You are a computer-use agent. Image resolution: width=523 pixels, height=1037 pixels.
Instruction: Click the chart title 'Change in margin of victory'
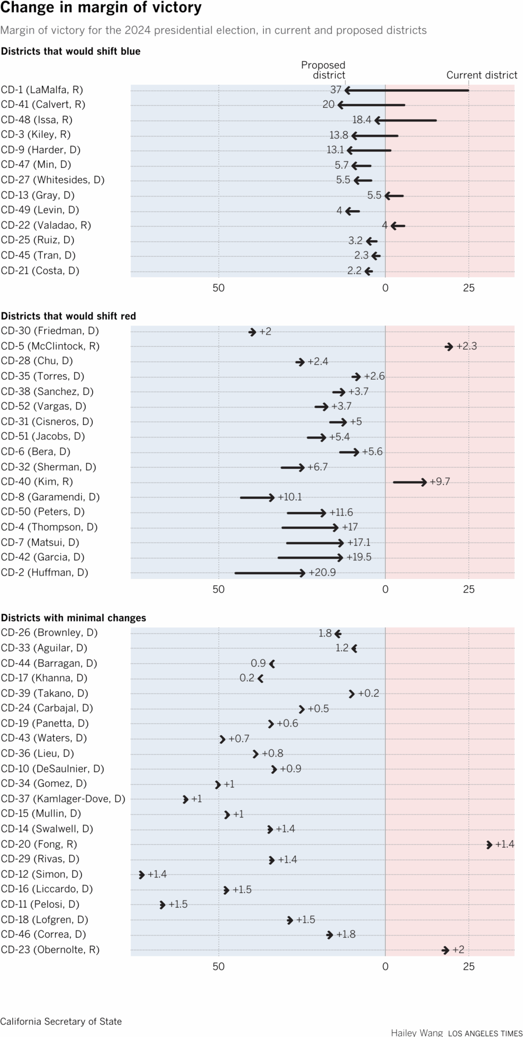pyautogui.click(x=101, y=8)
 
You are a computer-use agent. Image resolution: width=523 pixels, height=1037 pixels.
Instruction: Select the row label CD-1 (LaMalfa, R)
pyautogui.click(x=42, y=90)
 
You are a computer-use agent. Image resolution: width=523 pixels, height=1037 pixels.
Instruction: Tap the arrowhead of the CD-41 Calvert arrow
pyautogui.click(x=340, y=105)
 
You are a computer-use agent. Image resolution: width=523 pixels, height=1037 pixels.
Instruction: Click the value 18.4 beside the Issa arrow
pyautogui.click(x=361, y=120)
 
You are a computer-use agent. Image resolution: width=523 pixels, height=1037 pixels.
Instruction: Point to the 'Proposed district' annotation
pyautogui.click(x=323, y=70)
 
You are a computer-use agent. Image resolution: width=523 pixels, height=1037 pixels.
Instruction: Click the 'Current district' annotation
pyautogui.click(x=482, y=75)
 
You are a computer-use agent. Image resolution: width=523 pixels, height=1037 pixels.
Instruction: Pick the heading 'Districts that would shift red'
pyautogui.click(x=68, y=316)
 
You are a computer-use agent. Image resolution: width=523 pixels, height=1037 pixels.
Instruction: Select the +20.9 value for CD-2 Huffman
pyautogui.click(x=322, y=572)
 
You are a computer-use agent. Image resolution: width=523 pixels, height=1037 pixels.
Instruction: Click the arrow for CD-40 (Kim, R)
pyautogui.click(x=410, y=482)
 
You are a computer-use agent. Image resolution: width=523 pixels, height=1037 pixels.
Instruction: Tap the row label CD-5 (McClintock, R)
pyautogui.click(x=50, y=346)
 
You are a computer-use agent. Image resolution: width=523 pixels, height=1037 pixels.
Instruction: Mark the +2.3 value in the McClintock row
pyautogui.click(x=467, y=346)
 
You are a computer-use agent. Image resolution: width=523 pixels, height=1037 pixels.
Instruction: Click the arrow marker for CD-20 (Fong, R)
pyautogui.click(x=489, y=845)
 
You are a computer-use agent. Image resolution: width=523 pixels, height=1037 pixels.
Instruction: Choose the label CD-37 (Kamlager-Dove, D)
pyautogui.click(x=63, y=799)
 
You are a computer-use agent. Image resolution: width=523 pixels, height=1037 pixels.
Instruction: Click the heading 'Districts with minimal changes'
pyautogui.click(x=73, y=618)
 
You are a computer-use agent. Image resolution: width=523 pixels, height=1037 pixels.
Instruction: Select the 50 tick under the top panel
pyautogui.click(x=219, y=288)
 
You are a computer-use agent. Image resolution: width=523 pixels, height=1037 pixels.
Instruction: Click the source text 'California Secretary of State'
pyautogui.click(x=61, y=1022)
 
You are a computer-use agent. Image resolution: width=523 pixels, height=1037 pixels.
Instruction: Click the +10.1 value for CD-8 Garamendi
pyautogui.click(x=290, y=497)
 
